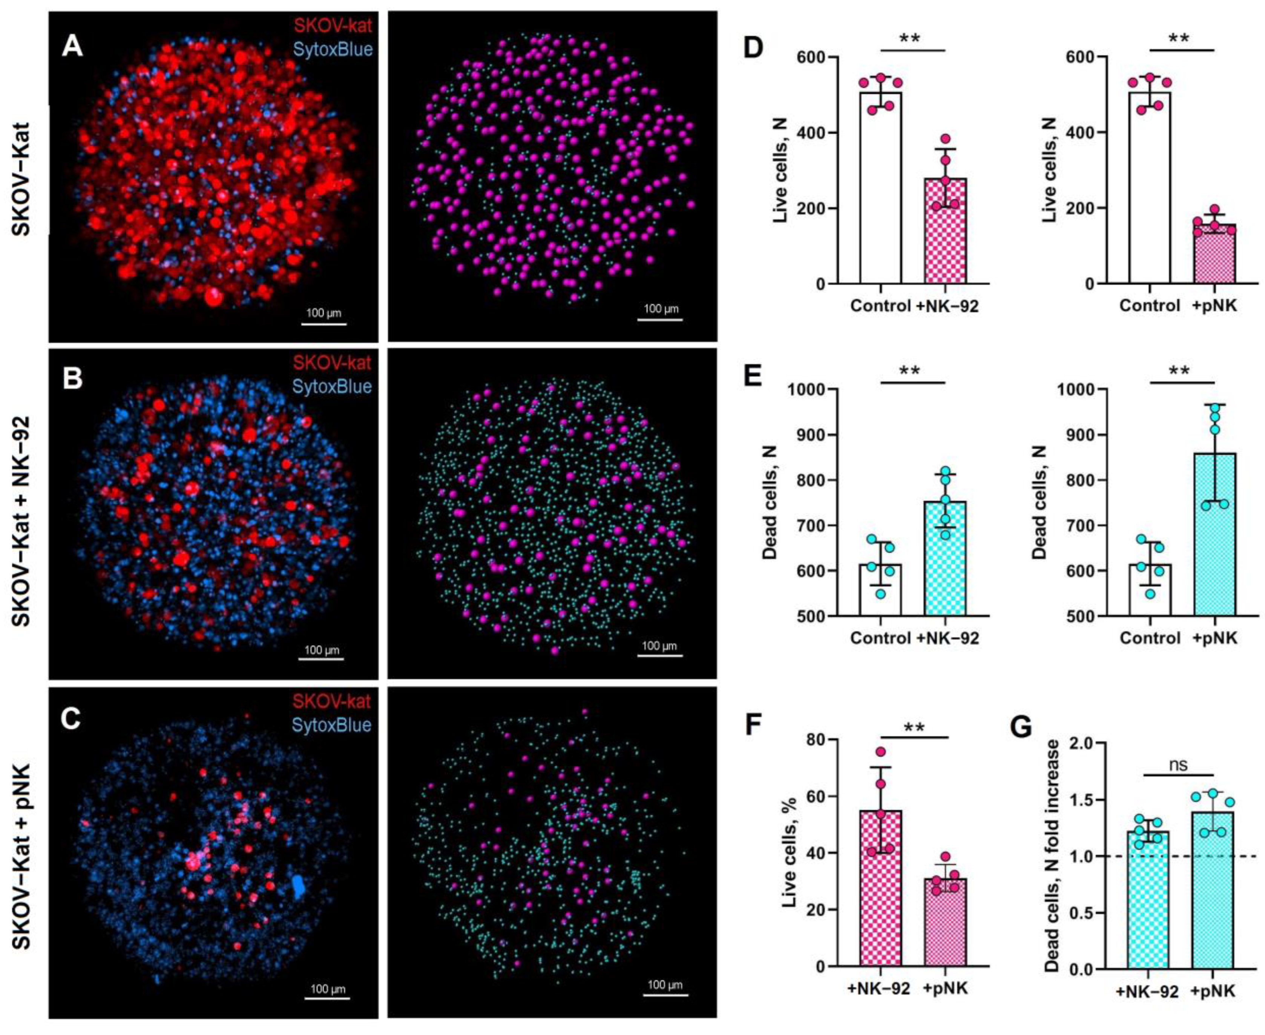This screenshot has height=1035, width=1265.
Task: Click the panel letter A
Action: coord(73,46)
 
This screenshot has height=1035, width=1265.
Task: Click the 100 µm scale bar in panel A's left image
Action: coord(324,324)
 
